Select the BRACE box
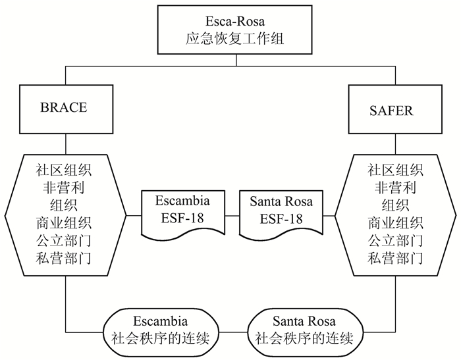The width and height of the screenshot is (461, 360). pos(64,107)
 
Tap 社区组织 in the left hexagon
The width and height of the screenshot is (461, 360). pos(64,170)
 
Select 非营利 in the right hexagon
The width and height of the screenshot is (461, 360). pos(396,187)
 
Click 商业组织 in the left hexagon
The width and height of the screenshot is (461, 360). pos(64,221)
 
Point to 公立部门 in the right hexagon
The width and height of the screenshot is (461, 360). pos(396,239)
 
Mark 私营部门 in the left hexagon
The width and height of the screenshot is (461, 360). pos(64,256)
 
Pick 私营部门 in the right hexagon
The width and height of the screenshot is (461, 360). pos(396,256)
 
